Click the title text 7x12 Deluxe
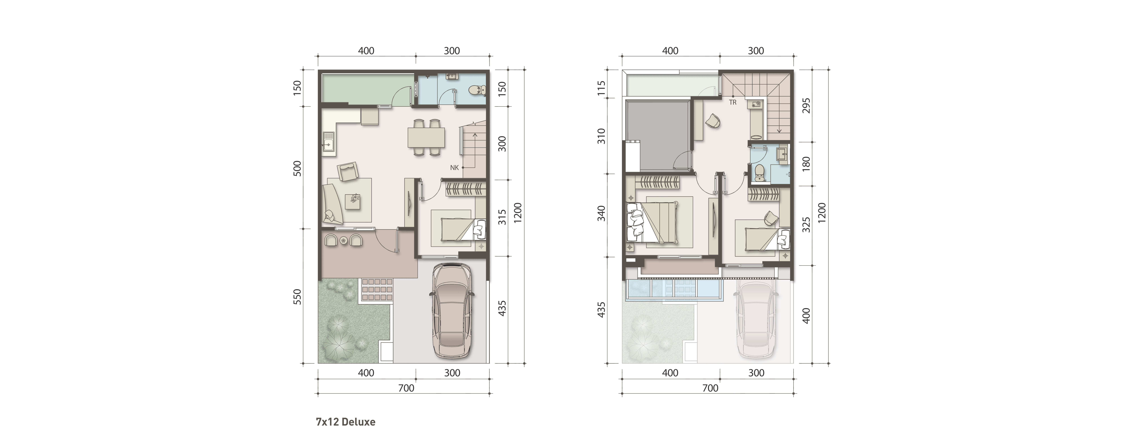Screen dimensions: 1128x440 [x=345, y=422]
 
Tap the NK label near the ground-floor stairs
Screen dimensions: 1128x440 [x=454, y=168]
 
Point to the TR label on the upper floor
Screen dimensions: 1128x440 [x=733, y=102]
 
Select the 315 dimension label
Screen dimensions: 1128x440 [x=502, y=217]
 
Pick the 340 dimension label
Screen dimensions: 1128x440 [x=602, y=213]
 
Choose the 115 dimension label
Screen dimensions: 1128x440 [x=602, y=88]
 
